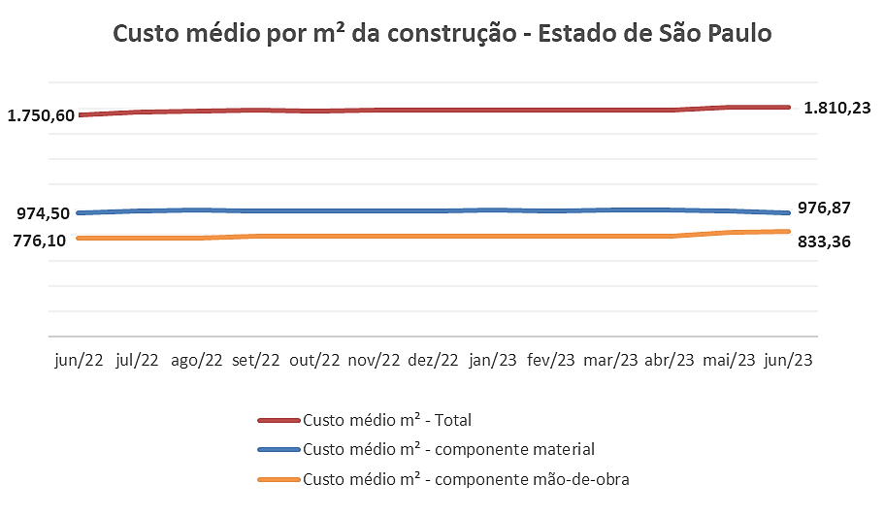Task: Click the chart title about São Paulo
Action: tap(442, 34)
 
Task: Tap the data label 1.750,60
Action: tap(41, 115)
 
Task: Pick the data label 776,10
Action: tap(41, 240)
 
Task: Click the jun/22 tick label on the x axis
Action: tap(78, 360)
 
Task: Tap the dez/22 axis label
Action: tap(433, 360)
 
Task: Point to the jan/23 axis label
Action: tap(493, 360)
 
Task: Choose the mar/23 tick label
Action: tap(611, 360)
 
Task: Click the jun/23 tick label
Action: tap(788, 360)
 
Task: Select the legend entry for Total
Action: tap(387, 420)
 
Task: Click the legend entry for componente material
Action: tap(448, 449)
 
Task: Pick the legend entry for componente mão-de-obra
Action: tap(467, 479)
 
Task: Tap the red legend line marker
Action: tap(278, 420)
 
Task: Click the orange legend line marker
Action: tap(278, 479)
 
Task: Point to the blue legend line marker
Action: tap(278, 449)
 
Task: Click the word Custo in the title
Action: tap(146, 34)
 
